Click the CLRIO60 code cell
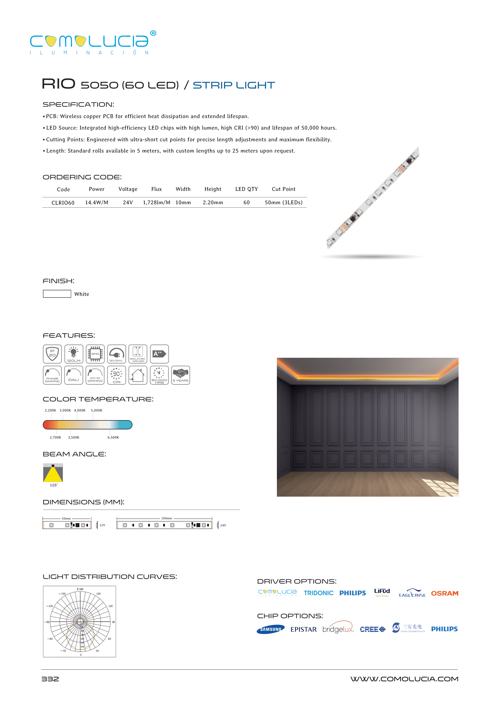[x=63, y=202]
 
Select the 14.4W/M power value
[x=97, y=202]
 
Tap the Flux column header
[x=156, y=189]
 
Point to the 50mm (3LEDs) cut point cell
[x=284, y=202]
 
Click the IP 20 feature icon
[x=52, y=354]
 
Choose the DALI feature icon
[x=73, y=375]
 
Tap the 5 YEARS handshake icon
[x=180, y=375]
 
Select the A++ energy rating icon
[x=159, y=354]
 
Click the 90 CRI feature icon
[x=116, y=375]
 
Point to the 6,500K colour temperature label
[x=113, y=437]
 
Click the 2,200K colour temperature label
[x=51, y=410]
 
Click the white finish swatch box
[x=57, y=294]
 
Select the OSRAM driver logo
[x=444, y=593]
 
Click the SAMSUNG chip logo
[x=271, y=629]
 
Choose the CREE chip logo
[x=372, y=629]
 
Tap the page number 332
[x=50, y=679]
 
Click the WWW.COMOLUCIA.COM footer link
[x=404, y=679]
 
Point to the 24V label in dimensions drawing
[x=223, y=525]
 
